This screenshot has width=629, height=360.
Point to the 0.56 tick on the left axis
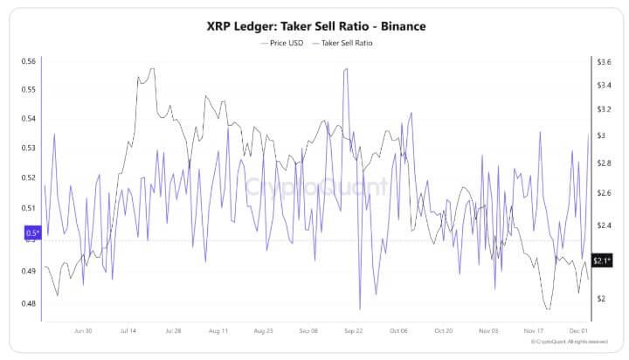point(29,61)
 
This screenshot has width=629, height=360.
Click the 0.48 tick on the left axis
point(29,304)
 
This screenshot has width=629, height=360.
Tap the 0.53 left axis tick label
point(29,149)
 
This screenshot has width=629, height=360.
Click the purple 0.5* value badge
point(32,232)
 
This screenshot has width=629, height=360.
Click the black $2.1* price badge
point(601,260)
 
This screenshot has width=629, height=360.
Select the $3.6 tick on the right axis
point(603,61)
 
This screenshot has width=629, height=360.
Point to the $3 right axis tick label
point(600,135)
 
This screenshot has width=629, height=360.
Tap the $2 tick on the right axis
point(600,299)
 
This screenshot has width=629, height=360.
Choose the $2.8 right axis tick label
point(603,163)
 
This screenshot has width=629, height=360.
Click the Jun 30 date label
point(85,332)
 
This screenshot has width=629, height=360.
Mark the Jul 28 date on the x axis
point(173,332)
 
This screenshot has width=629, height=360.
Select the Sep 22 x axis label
point(354,332)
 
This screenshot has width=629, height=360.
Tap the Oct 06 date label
point(399,332)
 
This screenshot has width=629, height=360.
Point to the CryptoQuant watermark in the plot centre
point(314,186)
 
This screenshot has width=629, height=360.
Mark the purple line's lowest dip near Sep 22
point(360,308)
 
